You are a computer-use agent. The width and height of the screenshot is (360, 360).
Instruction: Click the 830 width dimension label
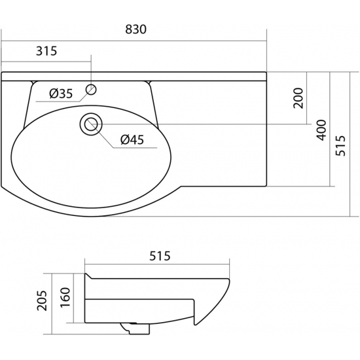point(135,29)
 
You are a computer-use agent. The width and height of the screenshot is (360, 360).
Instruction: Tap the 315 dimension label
point(46,51)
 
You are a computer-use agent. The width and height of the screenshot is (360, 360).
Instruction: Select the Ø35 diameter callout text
point(61,94)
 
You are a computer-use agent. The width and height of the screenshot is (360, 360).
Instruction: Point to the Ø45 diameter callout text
point(132,139)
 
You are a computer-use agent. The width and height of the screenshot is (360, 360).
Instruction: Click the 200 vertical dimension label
point(298,98)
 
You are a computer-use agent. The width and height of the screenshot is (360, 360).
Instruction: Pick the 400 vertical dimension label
point(321,130)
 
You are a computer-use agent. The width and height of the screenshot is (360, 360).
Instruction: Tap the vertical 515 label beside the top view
point(340,146)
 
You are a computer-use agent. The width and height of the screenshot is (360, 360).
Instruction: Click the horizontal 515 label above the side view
point(160,256)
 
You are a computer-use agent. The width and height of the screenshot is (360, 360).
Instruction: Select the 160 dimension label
point(65,297)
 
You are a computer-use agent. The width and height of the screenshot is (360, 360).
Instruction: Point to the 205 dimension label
point(42,301)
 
